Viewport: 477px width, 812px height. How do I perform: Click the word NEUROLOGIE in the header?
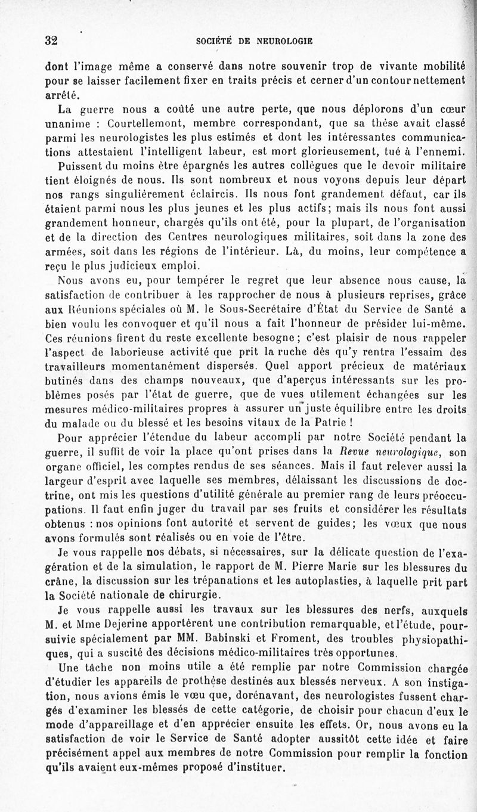point(284,41)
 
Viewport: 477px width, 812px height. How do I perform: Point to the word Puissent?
point(82,165)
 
